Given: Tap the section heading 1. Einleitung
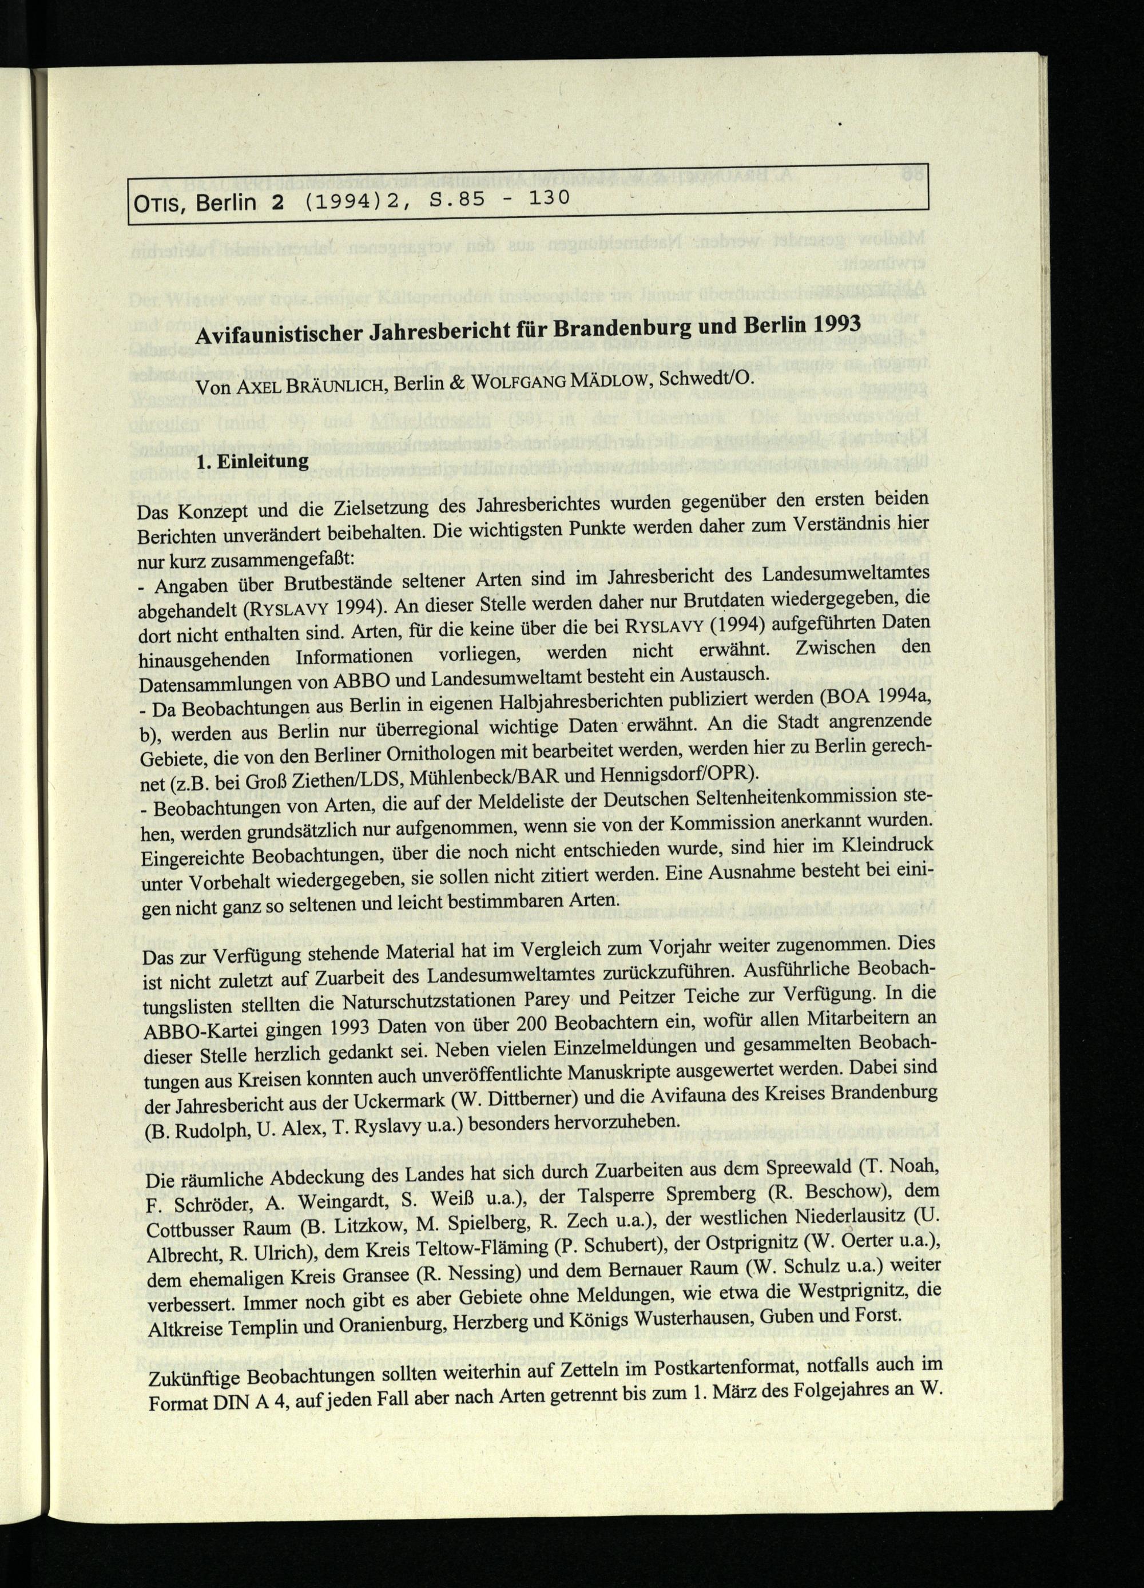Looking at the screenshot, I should pos(252,462).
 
